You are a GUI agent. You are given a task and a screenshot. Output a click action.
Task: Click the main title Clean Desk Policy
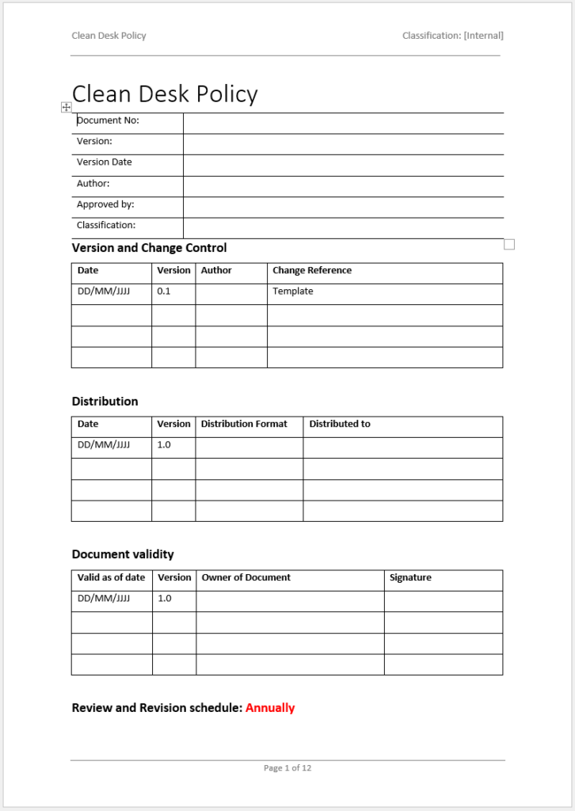click(x=165, y=94)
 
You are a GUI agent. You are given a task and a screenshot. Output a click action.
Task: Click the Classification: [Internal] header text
click(x=452, y=36)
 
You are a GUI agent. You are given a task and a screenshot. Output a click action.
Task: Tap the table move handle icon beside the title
click(x=67, y=107)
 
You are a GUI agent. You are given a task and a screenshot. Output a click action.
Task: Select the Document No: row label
click(x=108, y=120)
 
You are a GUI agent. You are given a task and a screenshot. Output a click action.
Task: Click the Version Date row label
click(x=104, y=162)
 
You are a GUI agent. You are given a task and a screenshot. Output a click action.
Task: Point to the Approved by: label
click(x=105, y=204)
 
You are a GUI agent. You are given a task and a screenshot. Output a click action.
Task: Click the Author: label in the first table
click(x=93, y=184)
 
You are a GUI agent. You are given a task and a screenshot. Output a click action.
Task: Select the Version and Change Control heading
click(x=149, y=248)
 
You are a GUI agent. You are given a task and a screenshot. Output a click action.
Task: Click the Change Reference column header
click(x=311, y=271)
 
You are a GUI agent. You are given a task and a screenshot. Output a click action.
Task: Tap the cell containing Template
click(x=292, y=291)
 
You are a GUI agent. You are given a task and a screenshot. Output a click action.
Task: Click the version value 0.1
click(x=163, y=291)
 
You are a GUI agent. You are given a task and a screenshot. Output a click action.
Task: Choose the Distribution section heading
click(x=105, y=402)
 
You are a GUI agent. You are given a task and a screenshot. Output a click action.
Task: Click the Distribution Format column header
click(x=244, y=425)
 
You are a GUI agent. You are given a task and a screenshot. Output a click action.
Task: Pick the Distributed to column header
click(x=339, y=425)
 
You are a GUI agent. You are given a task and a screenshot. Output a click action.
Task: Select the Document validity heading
click(x=123, y=554)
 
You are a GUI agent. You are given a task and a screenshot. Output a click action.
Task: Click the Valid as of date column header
click(x=111, y=578)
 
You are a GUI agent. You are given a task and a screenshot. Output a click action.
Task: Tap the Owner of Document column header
click(x=246, y=578)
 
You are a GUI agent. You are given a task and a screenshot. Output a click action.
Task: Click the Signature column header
click(x=410, y=578)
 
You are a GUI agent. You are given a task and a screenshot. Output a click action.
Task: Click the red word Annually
click(x=270, y=708)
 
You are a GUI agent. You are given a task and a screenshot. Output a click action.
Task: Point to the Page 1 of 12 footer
click(x=287, y=768)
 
